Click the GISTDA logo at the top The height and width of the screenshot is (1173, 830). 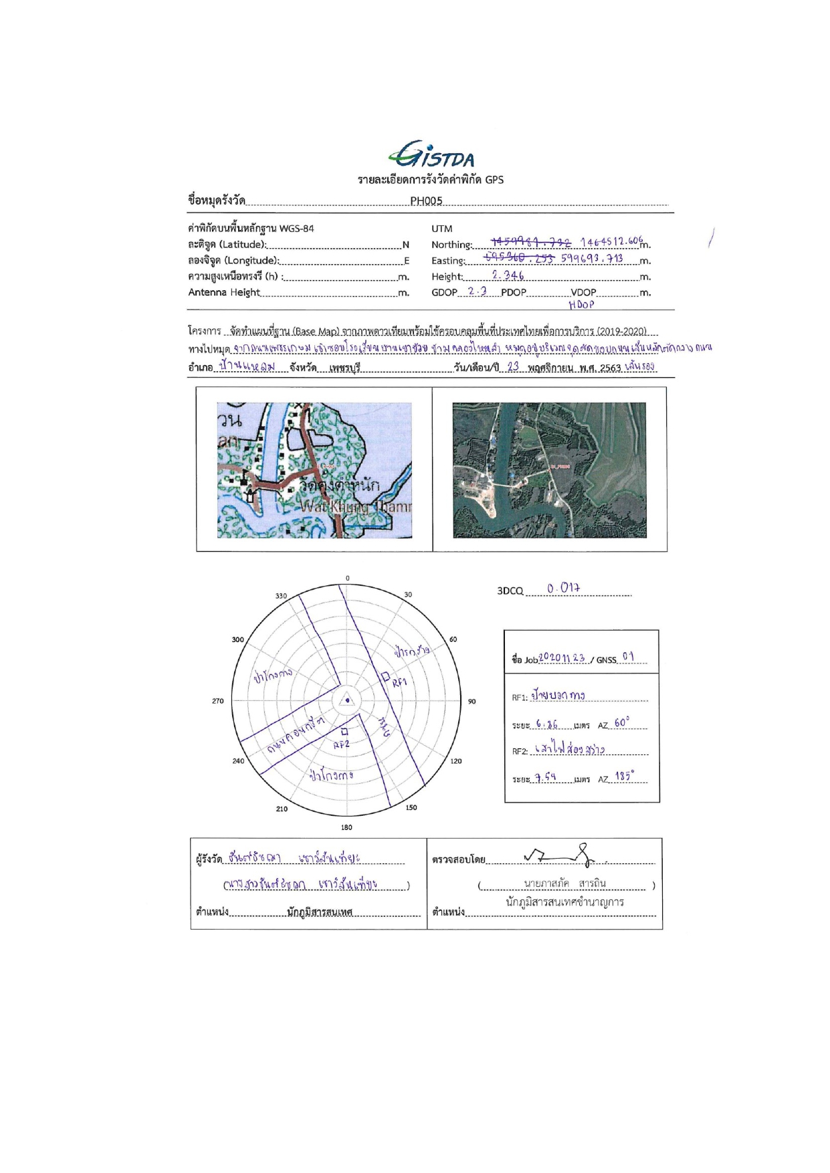click(x=431, y=156)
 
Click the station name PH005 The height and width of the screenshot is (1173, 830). click(x=426, y=201)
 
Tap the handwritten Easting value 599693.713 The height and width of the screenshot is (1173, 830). click(x=592, y=258)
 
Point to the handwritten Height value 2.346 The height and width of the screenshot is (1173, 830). click(x=508, y=275)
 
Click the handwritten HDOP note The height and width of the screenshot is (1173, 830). click(x=581, y=305)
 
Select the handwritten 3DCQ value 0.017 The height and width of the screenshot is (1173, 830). click(x=563, y=589)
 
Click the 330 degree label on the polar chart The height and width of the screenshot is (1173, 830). click(x=281, y=596)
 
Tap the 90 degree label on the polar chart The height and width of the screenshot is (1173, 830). click(x=472, y=701)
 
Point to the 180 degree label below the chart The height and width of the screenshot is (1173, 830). click(x=346, y=827)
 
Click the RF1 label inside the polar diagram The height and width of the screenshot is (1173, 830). click(x=399, y=683)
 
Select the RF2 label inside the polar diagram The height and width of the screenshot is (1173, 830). click(x=341, y=744)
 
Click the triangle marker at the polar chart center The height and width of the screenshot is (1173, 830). click(x=347, y=700)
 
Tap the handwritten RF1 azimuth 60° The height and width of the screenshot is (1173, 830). click(x=621, y=723)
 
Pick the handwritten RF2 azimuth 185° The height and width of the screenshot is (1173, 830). click(x=624, y=777)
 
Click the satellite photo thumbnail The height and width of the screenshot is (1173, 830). click(x=549, y=470)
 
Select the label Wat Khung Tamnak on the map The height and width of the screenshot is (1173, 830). click(x=356, y=507)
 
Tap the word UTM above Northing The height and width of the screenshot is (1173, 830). click(x=442, y=229)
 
